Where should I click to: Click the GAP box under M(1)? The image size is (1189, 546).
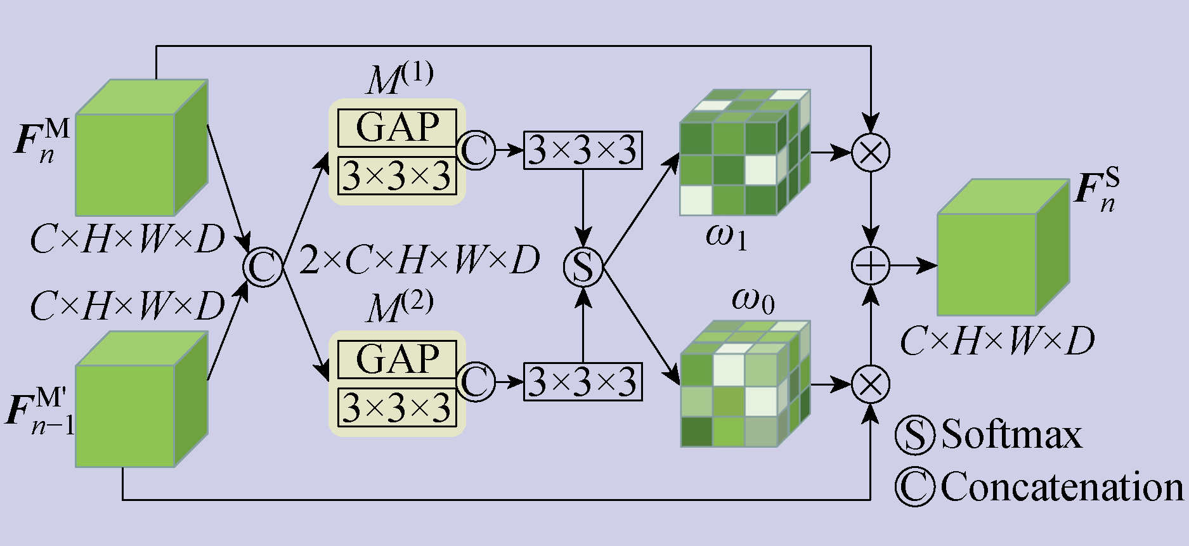[397, 127]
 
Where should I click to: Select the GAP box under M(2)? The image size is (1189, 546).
[397, 359]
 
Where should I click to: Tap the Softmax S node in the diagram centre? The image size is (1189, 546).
[583, 267]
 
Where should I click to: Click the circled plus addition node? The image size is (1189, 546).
[871, 266]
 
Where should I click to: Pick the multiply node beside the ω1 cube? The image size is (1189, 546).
[871, 152]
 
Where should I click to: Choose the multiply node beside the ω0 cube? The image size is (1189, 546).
[871, 384]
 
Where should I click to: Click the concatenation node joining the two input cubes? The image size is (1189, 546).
[263, 267]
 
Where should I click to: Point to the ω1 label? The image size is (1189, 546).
[726, 237]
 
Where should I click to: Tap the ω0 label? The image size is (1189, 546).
[753, 299]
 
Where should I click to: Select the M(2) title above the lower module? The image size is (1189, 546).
[400, 307]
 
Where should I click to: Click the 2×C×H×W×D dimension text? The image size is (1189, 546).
[419, 260]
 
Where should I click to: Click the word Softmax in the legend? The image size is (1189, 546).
[1011, 435]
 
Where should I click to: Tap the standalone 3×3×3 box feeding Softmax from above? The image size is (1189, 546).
[583, 150]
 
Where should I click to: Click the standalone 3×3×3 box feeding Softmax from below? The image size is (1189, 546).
[583, 382]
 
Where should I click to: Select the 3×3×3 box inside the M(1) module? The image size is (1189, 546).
[397, 176]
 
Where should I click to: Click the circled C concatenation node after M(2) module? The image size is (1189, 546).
[476, 382]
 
